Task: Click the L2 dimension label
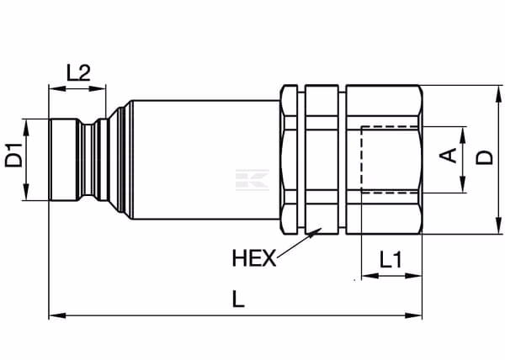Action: click(78, 72)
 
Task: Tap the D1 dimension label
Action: click(14, 156)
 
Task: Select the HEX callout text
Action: click(254, 258)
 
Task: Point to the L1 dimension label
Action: click(391, 260)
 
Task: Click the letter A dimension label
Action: click(449, 156)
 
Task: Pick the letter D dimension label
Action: click(485, 157)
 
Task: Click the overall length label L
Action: click(238, 299)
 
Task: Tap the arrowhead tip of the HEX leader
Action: click(322, 228)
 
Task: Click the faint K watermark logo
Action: click(252, 179)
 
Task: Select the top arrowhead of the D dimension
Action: click(498, 87)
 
